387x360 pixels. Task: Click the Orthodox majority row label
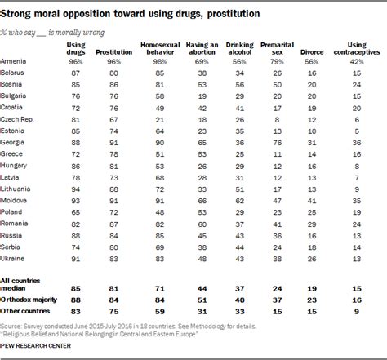(x=30, y=300)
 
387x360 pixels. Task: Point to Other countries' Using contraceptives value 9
(x=354, y=312)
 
